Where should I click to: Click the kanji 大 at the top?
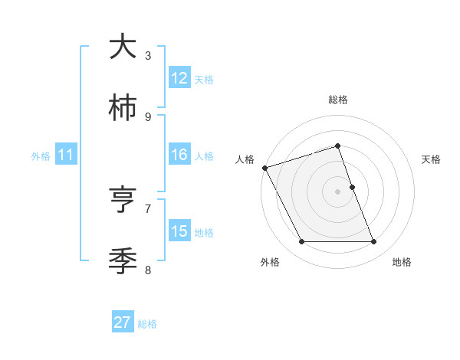pyautogui.click(x=123, y=47)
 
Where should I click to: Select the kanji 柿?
pyautogui.click(x=123, y=109)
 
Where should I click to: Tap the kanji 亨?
pyautogui.click(x=123, y=201)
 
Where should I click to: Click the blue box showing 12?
pyautogui.click(x=179, y=78)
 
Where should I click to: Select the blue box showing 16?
pyautogui.click(x=179, y=155)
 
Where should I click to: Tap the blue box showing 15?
pyautogui.click(x=179, y=231)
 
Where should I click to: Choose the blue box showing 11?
pyautogui.click(x=66, y=155)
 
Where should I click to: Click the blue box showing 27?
pyautogui.click(x=123, y=322)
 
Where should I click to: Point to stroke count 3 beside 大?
pyautogui.click(x=148, y=55)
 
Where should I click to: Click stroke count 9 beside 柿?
pyautogui.click(x=148, y=116)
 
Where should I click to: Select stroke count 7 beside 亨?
pyautogui.click(x=148, y=208)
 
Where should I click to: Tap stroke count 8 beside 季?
pyautogui.click(x=148, y=270)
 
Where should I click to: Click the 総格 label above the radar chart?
pyautogui.click(x=338, y=100)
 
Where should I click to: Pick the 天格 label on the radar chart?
pyautogui.click(x=431, y=159)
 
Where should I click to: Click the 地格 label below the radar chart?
pyautogui.click(x=402, y=262)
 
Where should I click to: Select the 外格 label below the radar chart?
pyautogui.click(x=270, y=262)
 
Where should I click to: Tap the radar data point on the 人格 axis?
pyautogui.click(x=264, y=168)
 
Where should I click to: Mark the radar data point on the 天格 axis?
pyautogui.click(x=352, y=187)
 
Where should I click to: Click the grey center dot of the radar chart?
pyautogui.click(x=338, y=191)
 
